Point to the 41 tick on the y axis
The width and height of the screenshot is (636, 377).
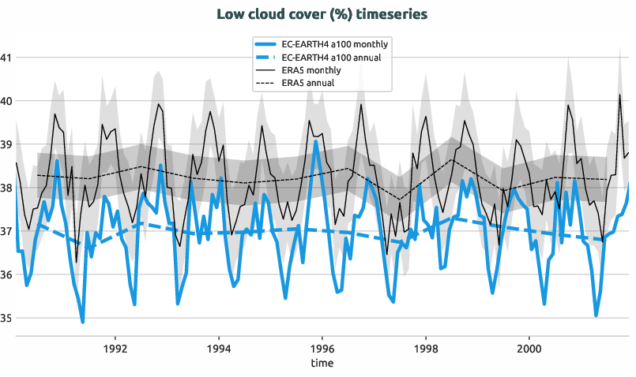[6, 58]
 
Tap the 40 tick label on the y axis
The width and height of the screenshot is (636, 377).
[6, 101]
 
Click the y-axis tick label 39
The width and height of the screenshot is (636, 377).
[6, 144]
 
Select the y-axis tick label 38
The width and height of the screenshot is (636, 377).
[6, 188]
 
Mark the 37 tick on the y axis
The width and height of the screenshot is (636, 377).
[6, 231]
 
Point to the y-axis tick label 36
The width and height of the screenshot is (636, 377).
[6, 274]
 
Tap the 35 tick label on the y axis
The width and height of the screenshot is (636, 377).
[6, 318]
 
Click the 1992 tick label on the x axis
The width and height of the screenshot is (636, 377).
[115, 348]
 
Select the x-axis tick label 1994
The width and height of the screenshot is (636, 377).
[219, 348]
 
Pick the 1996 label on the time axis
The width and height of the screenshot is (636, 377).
[322, 348]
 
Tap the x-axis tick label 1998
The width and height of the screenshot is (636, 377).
[425, 348]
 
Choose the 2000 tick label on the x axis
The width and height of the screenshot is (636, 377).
[529, 348]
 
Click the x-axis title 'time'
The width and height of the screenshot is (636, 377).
[322, 364]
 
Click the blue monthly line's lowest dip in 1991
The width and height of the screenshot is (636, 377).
[82, 321]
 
